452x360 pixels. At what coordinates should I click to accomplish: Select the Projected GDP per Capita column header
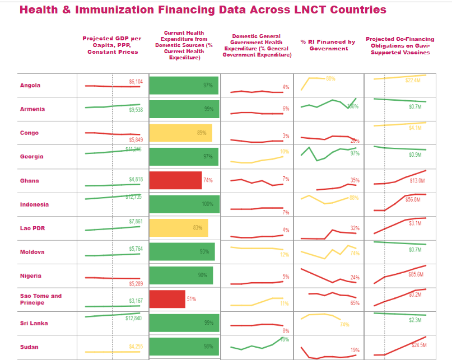point(113,45)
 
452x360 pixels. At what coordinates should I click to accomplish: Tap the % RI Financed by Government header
point(328,45)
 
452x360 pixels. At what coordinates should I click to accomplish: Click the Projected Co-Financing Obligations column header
point(398,45)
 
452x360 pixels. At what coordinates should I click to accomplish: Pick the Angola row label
point(30,86)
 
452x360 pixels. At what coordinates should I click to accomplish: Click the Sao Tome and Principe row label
point(41,299)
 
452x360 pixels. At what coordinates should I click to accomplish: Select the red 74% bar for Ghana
point(175,180)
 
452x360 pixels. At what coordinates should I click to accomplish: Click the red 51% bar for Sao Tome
point(167,299)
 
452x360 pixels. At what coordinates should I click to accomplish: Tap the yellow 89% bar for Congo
point(180,133)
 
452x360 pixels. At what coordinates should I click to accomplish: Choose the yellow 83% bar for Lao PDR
point(179,228)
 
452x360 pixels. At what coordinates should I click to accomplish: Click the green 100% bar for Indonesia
point(184,204)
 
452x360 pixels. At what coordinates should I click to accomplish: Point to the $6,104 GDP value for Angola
point(136,82)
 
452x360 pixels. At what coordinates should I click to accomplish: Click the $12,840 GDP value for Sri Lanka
point(133,319)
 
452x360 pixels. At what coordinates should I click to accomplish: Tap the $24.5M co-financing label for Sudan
point(419,345)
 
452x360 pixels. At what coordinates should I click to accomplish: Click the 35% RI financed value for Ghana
point(355,180)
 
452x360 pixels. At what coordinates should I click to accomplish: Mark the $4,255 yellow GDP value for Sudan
point(136,347)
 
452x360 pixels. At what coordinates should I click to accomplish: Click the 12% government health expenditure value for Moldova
point(284,255)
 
